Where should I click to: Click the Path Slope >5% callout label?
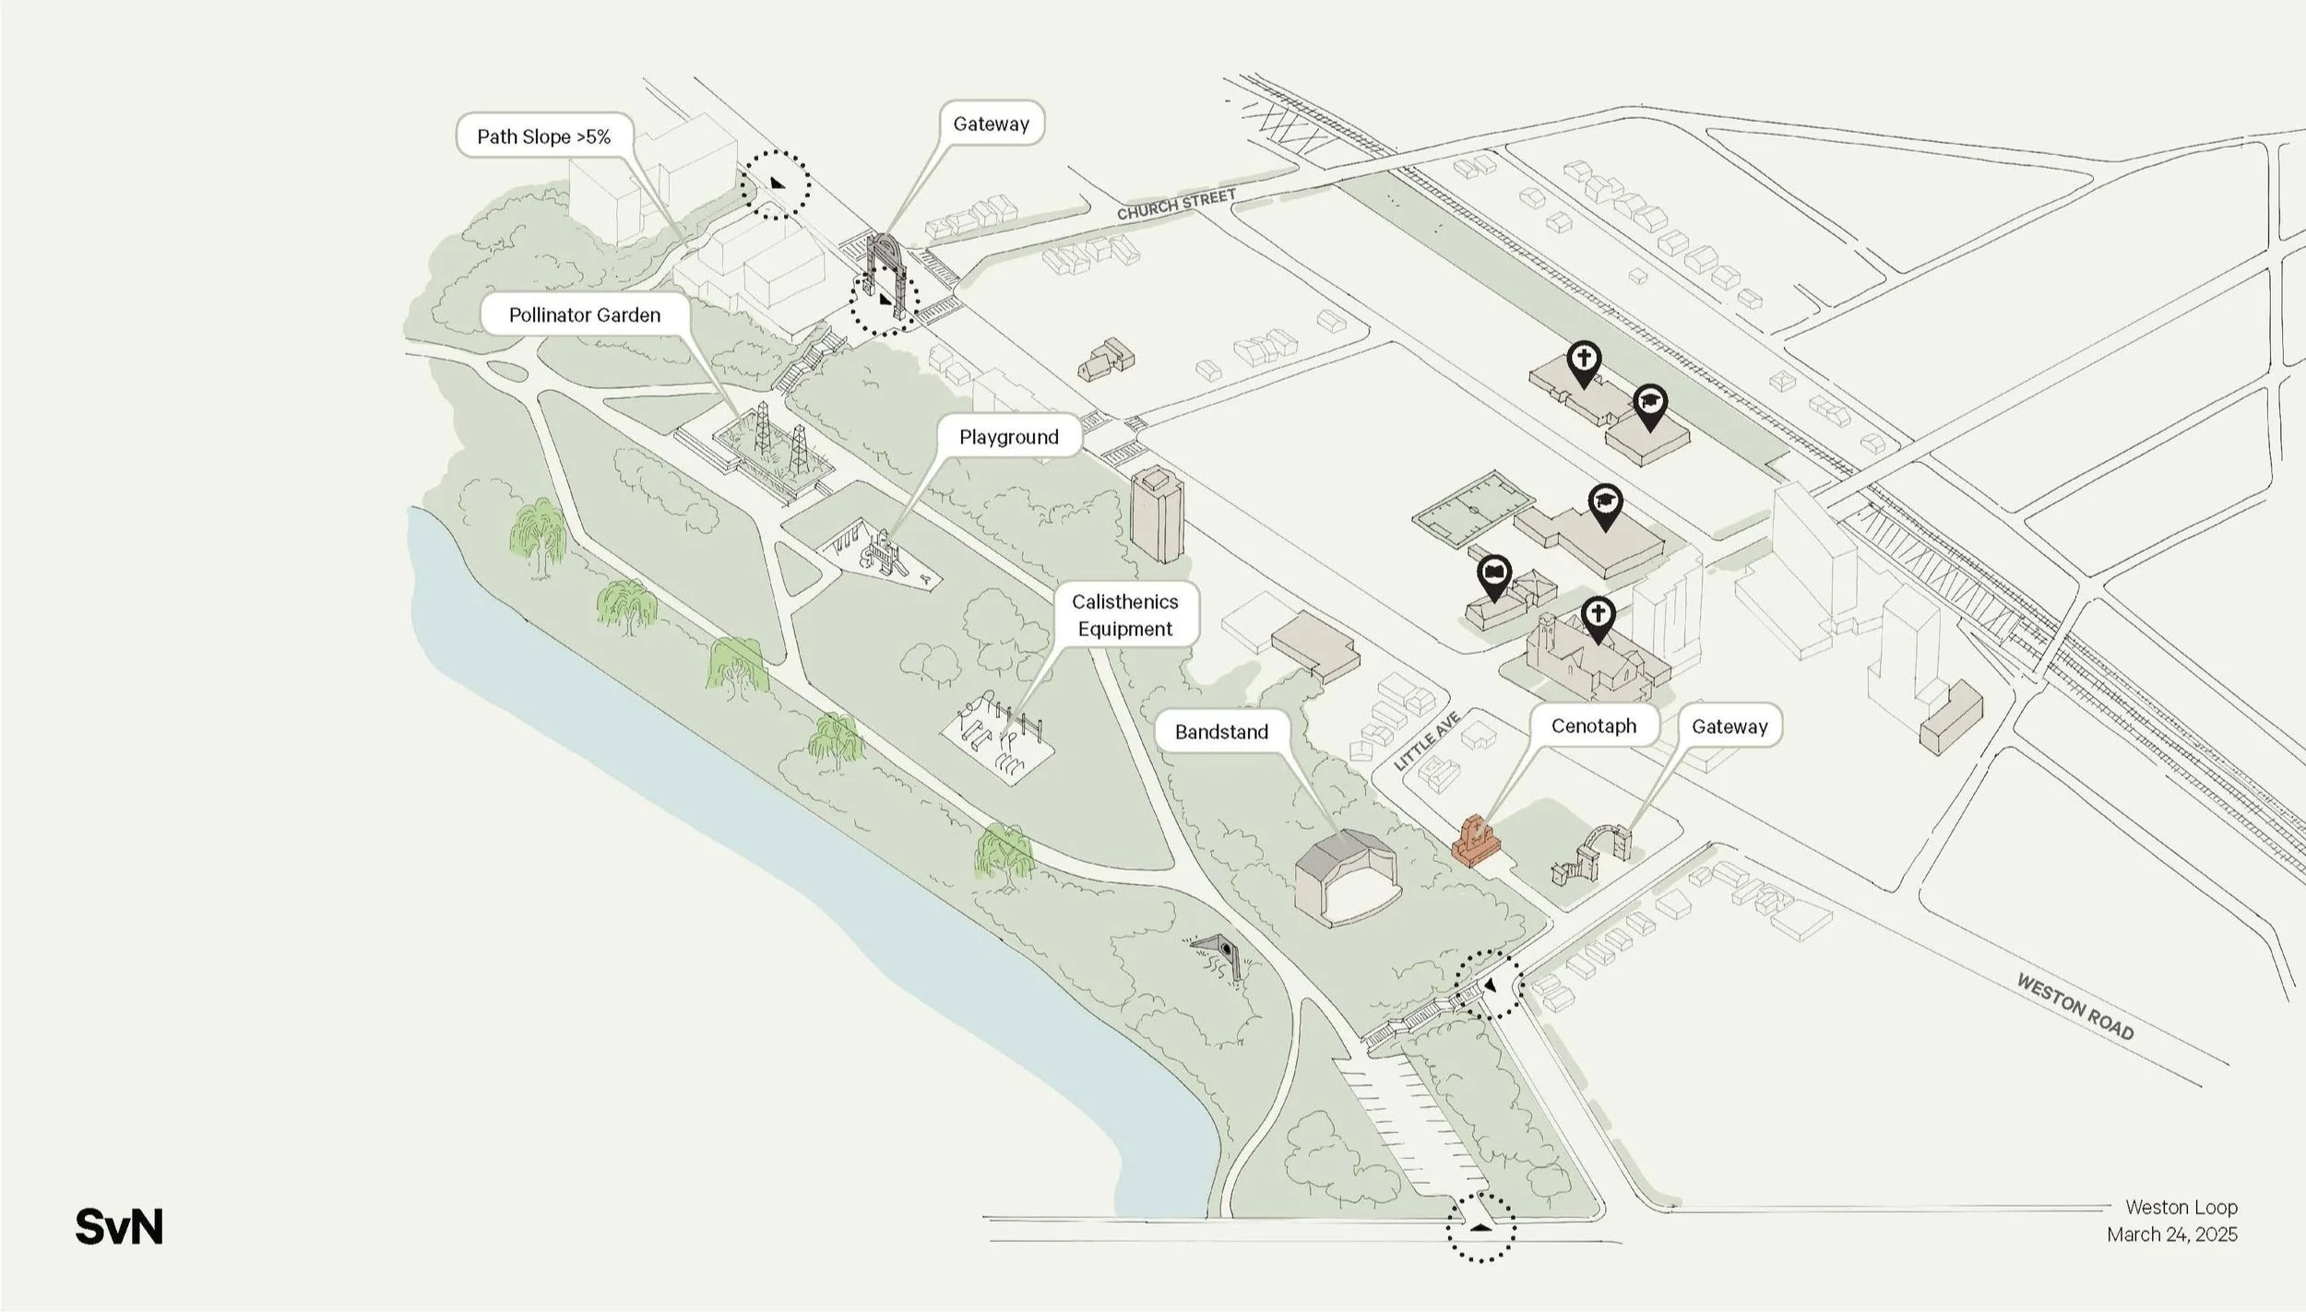(x=543, y=136)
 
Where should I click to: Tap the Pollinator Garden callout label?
(x=584, y=314)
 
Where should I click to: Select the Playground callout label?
(x=1008, y=436)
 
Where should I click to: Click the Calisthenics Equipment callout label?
(x=1124, y=614)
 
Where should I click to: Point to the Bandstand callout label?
(x=1221, y=731)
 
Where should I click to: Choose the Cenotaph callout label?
(x=1593, y=726)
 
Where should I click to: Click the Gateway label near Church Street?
(x=991, y=124)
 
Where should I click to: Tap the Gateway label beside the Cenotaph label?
(x=1729, y=726)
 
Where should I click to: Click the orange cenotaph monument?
(x=1474, y=842)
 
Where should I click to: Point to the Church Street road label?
(x=1176, y=205)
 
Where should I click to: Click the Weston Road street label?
(x=2075, y=1007)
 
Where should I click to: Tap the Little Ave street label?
(x=1427, y=740)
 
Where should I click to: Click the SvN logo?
(x=119, y=1227)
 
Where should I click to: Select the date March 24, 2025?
(x=2171, y=1234)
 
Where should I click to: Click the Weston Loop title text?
(x=2181, y=1206)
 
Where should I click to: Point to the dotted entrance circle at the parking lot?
(x=1480, y=1227)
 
